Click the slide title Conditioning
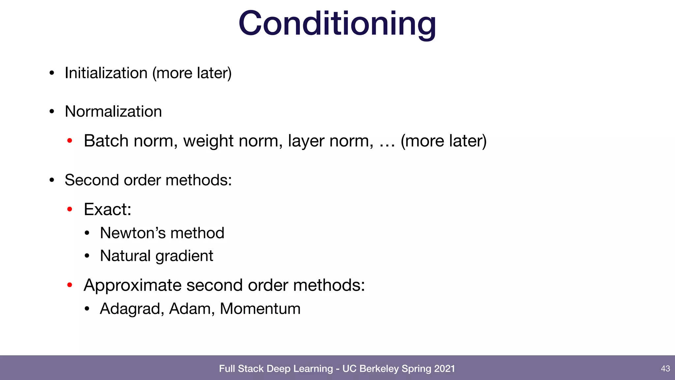tap(337, 24)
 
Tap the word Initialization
tap(106, 73)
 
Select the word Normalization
tap(113, 111)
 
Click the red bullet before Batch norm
tap(70, 141)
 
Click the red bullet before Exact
tap(70, 209)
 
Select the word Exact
tap(107, 209)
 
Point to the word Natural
tap(125, 256)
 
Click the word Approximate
tap(132, 285)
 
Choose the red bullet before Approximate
tap(70, 285)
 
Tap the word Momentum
tap(260, 309)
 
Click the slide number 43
tap(665, 368)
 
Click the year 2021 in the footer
tap(444, 368)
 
